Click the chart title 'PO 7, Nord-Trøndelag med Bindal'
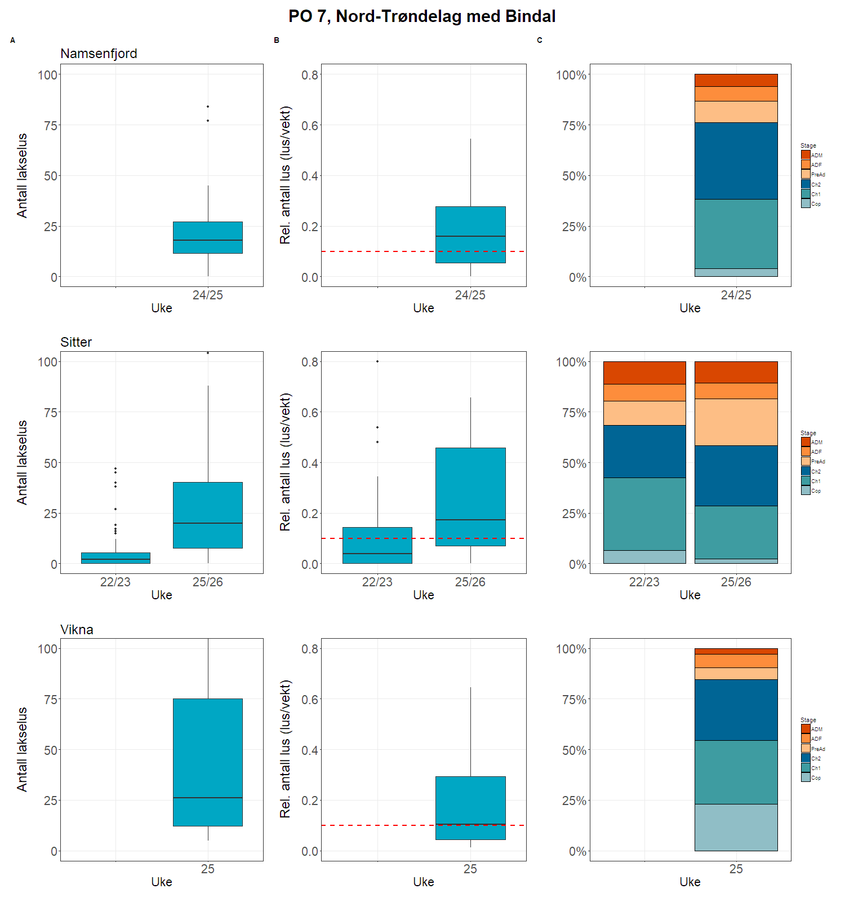[x=422, y=16]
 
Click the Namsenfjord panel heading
[x=99, y=54]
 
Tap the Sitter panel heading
[x=76, y=342]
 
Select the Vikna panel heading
[x=77, y=630]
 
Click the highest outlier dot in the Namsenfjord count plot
[x=208, y=107]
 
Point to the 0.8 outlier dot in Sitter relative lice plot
[x=377, y=361]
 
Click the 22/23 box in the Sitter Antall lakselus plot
[x=115, y=558]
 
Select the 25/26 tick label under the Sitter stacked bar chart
[x=736, y=582]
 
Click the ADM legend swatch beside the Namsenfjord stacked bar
[x=806, y=155]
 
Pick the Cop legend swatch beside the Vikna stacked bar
[x=806, y=777]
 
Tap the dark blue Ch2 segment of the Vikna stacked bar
[x=736, y=710]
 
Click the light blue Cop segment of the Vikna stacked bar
[x=736, y=827]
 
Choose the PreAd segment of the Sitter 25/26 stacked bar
[x=736, y=422]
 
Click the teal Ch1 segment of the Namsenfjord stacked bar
[x=736, y=234]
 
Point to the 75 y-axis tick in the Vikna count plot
[x=51, y=700]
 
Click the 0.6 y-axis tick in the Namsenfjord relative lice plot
[x=310, y=126]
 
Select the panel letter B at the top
[x=277, y=41]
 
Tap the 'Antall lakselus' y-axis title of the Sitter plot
[x=22, y=462]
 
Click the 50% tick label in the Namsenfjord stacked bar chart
[x=574, y=176]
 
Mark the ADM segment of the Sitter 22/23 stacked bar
[x=644, y=373]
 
